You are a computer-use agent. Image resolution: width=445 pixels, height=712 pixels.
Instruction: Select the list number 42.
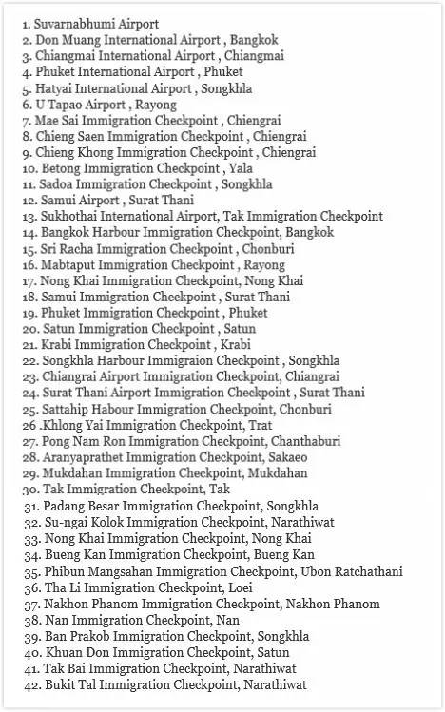[32, 683]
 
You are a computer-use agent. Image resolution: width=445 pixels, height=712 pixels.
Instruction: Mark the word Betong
[62, 168]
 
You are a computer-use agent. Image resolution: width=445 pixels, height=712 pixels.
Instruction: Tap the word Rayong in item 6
[155, 105]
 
